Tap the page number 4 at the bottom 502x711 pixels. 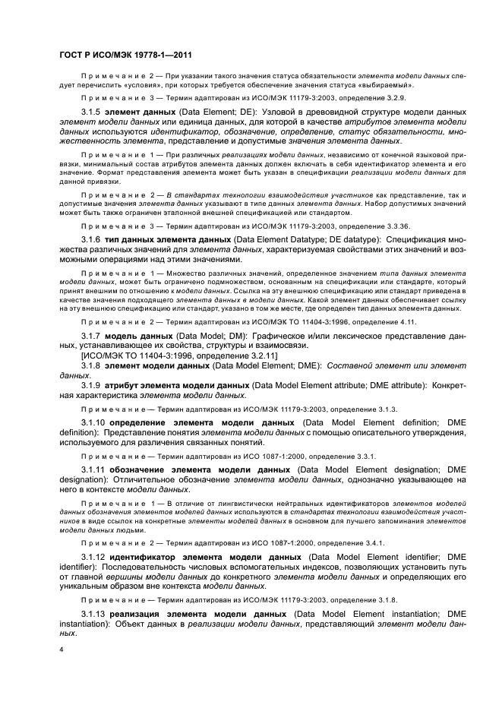pos(62,649)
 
